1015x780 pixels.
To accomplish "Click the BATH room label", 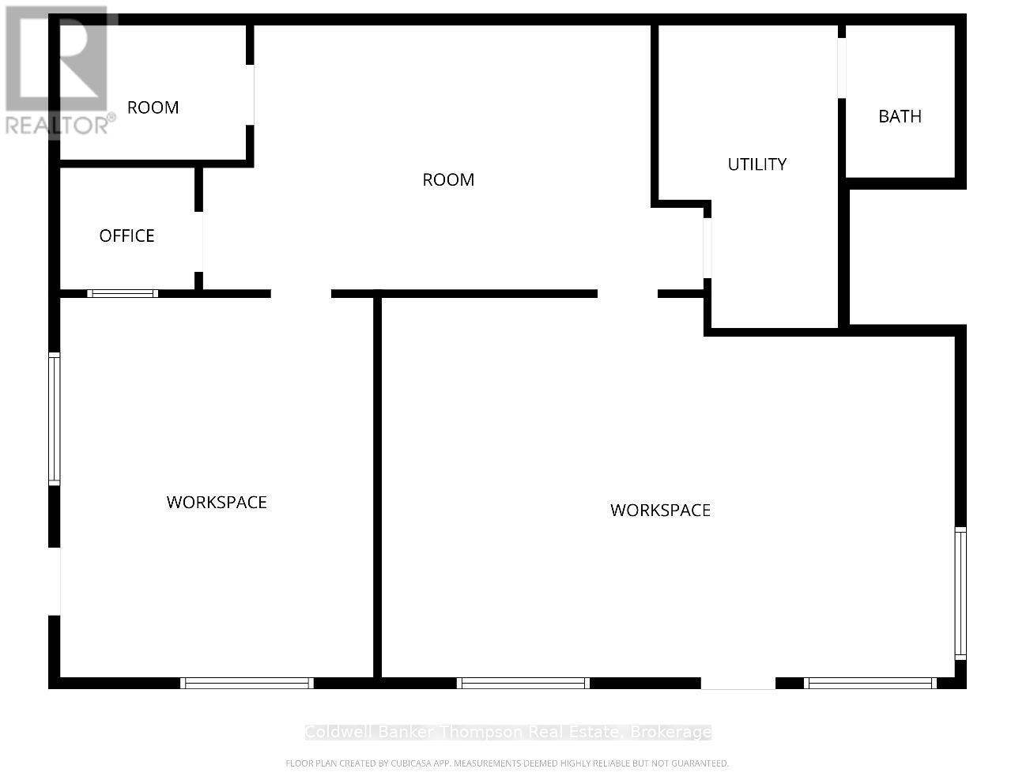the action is [x=900, y=116].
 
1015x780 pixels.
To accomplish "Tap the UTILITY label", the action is [x=757, y=164].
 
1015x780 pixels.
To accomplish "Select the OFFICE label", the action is [x=126, y=236].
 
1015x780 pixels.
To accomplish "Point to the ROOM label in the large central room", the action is [x=448, y=179].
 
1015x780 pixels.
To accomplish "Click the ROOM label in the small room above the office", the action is [x=153, y=107].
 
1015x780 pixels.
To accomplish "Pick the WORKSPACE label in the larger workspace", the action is [x=660, y=511].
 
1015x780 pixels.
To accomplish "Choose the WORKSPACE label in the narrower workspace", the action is [x=217, y=503].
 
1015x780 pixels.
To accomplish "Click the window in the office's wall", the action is [x=123, y=294].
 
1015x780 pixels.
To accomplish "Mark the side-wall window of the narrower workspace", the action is [x=55, y=419].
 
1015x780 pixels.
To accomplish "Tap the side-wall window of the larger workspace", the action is [x=960, y=593].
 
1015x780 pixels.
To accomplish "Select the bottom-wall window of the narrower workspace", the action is [x=247, y=683].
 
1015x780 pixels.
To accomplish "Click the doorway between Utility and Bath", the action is [x=842, y=68].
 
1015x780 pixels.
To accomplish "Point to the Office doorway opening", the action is [x=198, y=242].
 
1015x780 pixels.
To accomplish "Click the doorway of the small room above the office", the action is [x=250, y=95].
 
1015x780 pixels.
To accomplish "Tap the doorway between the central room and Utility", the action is [x=707, y=248].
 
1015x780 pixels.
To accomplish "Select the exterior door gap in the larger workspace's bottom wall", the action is [x=738, y=683].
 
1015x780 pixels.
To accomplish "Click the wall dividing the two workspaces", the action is [x=377, y=485].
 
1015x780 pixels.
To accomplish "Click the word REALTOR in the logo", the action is [x=56, y=126].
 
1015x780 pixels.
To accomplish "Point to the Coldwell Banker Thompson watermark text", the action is [x=507, y=732].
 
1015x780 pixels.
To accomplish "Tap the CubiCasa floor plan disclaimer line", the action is [x=507, y=763].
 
